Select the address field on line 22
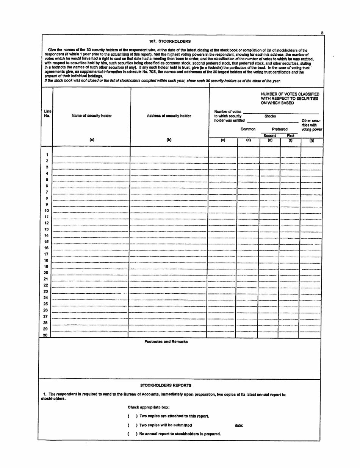(169, 285)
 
